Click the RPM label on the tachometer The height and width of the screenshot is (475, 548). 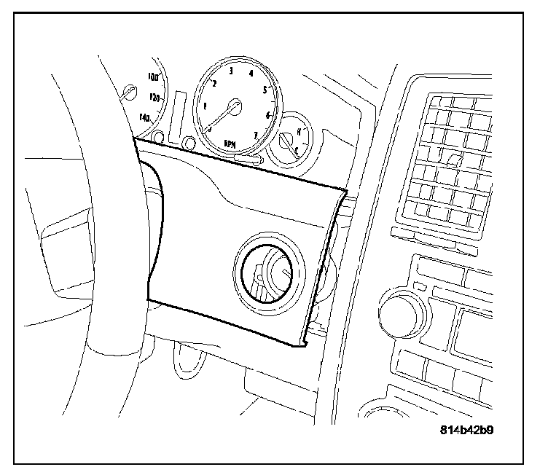[230, 144]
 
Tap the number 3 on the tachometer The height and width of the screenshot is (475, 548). [231, 71]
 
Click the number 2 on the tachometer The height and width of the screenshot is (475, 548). [214, 84]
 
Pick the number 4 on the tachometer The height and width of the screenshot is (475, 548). [251, 74]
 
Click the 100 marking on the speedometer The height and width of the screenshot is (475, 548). [153, 76]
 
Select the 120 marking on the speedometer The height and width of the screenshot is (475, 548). [154, 97]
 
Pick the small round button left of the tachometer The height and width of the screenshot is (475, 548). [189, 142]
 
